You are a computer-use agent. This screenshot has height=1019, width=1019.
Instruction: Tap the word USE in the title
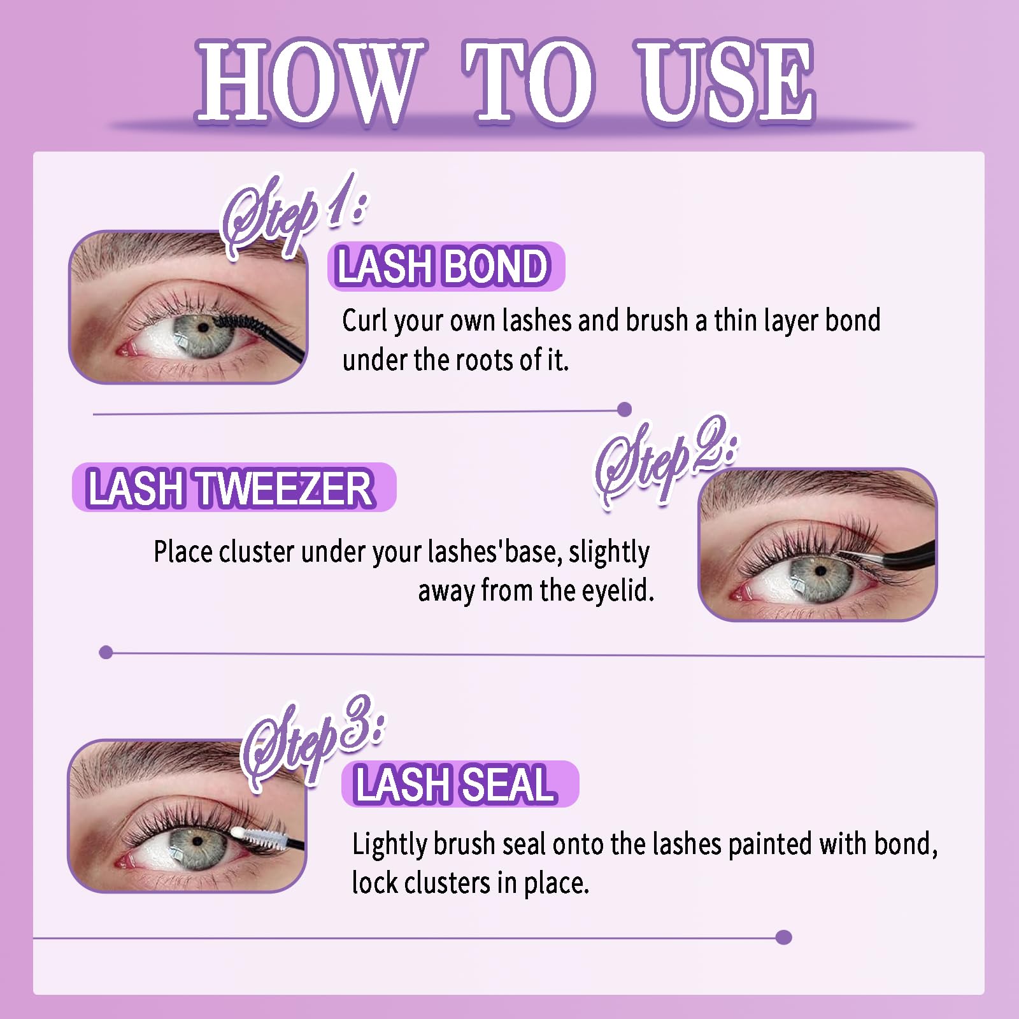726,81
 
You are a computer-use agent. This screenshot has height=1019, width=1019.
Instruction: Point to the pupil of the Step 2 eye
821,570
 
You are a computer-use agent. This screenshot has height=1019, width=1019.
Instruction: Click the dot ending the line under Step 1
625,409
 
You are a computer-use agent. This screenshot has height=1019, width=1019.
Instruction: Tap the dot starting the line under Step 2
106,652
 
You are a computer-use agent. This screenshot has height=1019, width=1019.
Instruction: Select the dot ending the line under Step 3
784,937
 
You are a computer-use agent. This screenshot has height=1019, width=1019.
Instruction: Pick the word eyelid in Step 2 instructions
618,590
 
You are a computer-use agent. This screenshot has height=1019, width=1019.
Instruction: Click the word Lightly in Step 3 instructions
391,844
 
